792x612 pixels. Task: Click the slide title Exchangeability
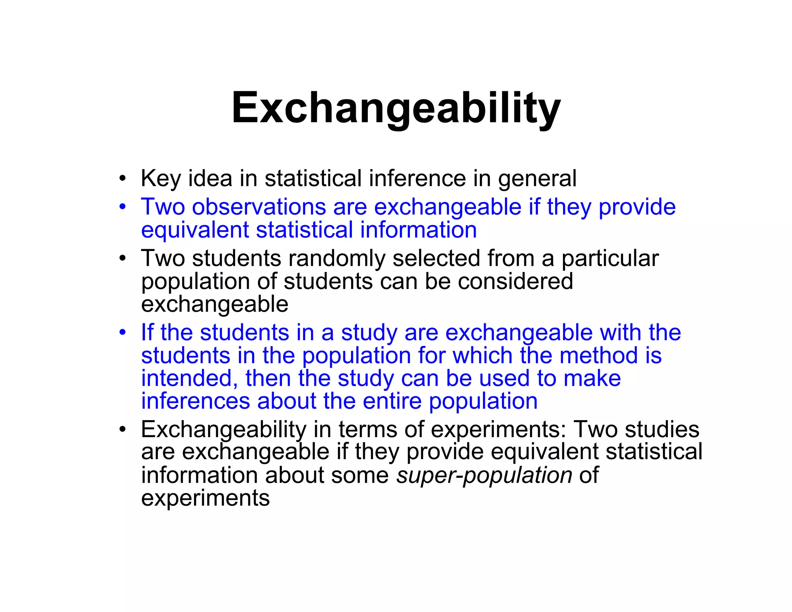pos(396,108)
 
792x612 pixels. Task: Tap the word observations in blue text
pos(259,207)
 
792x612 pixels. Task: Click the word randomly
pos(336,258)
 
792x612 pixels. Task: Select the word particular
pos(610,258)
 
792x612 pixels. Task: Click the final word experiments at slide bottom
pos(205,498)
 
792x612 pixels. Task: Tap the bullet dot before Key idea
pos(123,179)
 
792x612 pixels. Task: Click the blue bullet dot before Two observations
pos(123,207)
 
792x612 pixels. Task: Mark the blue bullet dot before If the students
pos(123,333)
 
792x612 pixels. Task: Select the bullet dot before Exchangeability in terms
pos(123,429)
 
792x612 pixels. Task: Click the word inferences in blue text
pos(195,401)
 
